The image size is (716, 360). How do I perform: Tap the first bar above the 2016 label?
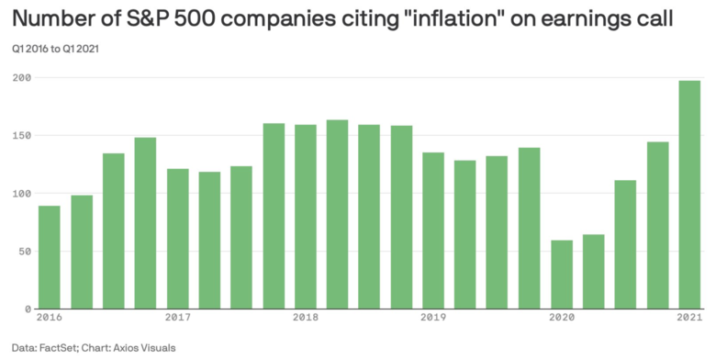click(50, 257)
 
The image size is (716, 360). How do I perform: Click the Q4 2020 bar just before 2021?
click(656, 225)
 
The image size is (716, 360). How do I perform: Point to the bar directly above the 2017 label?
click(177, 239)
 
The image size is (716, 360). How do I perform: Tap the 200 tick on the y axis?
click(20, 78)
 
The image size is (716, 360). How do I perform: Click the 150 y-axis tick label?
click(20, 136)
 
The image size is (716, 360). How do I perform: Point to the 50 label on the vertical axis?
click(23, 252)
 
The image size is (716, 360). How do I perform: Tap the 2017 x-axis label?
click(177, 318)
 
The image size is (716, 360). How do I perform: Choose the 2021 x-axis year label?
click(688, 318)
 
